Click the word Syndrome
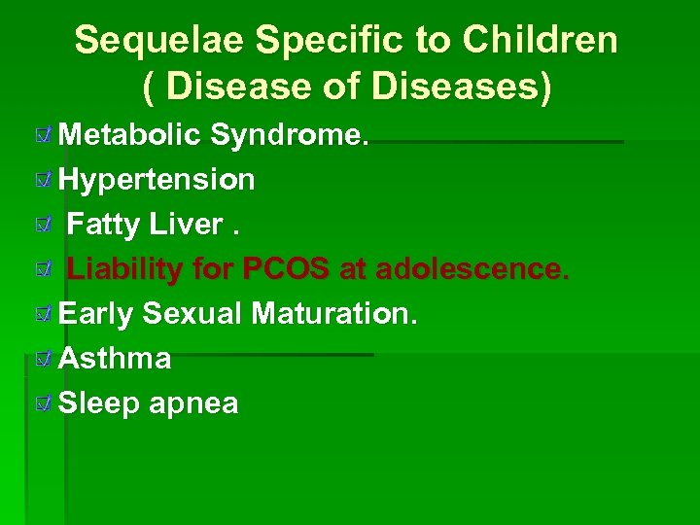[x=290, y=135]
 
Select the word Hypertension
[x=157, y=180]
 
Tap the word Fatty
[x=104, y=225]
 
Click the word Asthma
[x=115, y=359]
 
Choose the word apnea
[x=193, y=403]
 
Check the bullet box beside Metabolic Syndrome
[x=41, y=136]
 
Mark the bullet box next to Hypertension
[x=41, y=181]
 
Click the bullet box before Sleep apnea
[x=41, y=404]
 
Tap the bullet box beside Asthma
[x=41, y=360]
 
